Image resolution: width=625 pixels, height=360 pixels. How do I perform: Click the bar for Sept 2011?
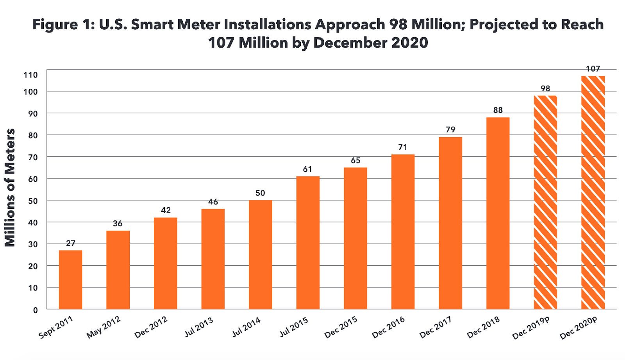pos(70,279)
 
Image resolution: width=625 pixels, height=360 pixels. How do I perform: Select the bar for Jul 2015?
pos(308,242)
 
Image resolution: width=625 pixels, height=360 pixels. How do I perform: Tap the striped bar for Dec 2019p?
pos(545,202)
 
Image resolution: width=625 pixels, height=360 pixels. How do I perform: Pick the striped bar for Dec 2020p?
pos(593,192)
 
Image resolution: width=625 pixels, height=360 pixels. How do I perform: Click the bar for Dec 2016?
pos(403,232)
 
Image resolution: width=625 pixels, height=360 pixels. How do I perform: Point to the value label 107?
pos(593,69)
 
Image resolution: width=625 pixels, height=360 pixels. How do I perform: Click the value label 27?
pos(70,244)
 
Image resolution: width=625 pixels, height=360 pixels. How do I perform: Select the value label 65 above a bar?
pos(355,161)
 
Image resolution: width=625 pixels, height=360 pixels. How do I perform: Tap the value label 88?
pos(498,110)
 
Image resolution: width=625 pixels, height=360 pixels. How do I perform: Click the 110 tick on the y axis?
pos(30,75)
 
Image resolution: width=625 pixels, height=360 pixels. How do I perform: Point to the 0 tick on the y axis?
pos(36,310)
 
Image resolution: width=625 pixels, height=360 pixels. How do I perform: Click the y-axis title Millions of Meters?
pos(10,188)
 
